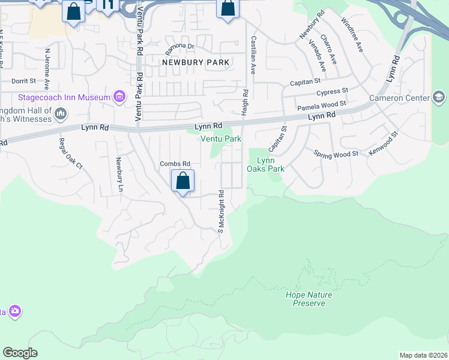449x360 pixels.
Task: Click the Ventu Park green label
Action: tap(221, 139)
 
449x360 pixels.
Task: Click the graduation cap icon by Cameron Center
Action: tap(439, 98)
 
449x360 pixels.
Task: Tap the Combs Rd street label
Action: tap(175, 164)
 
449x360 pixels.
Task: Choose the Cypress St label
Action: tap(333, 92)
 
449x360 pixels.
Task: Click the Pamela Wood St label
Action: tap(322, 106)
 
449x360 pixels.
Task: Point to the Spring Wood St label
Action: tap(336, 154)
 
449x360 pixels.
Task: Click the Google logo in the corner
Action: tap(20, 353)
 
